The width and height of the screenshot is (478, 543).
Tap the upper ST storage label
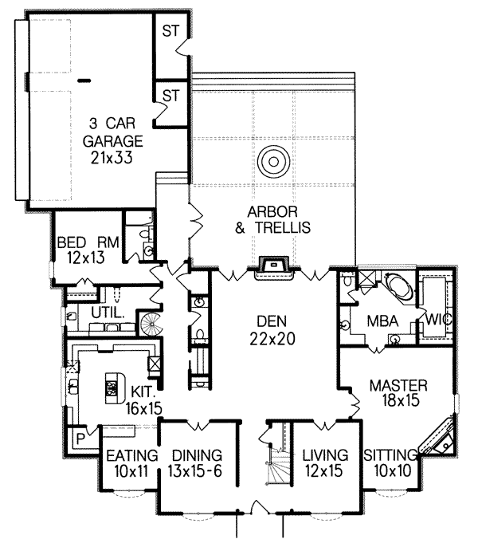tap(170, 31)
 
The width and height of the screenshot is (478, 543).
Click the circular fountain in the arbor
tap(272, 163)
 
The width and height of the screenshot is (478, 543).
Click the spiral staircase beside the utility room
tap(150, 324)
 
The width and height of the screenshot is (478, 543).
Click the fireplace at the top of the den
tap(272, 265)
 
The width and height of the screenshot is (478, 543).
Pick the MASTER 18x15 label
tap(399, 393)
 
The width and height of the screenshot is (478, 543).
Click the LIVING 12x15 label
tap(323, 463)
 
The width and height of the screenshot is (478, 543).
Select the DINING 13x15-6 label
tap(196, 463)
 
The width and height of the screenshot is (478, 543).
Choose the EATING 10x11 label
tap(127, 463)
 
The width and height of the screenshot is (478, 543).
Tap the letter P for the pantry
tap(80, 438)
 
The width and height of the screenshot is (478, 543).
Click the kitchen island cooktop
tap(112, 390)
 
